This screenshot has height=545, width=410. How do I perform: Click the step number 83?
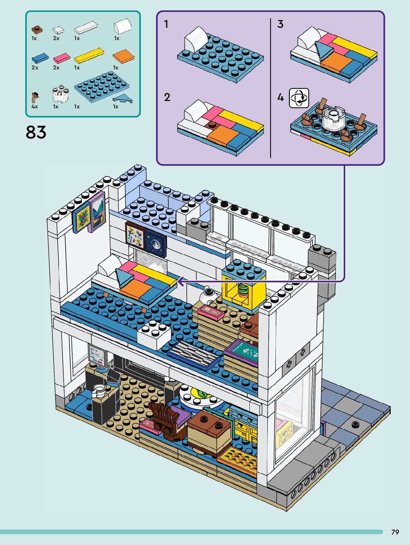click(36, 133)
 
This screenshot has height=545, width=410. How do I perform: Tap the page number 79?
click(395, 532)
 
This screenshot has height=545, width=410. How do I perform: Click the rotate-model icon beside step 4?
click(299, 98)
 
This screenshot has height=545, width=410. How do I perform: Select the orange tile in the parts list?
click(123, 57)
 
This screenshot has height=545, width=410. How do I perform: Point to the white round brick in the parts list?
click(59, 95)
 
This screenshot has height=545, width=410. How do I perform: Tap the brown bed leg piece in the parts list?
click(35, 97)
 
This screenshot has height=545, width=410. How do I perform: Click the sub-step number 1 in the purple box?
click(166, 24)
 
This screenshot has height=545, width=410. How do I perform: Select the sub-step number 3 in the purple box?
click(280, 24)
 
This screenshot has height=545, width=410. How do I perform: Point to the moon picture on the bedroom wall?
click(156, 244)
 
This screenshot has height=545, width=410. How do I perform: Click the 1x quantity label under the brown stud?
click(34, 38)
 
